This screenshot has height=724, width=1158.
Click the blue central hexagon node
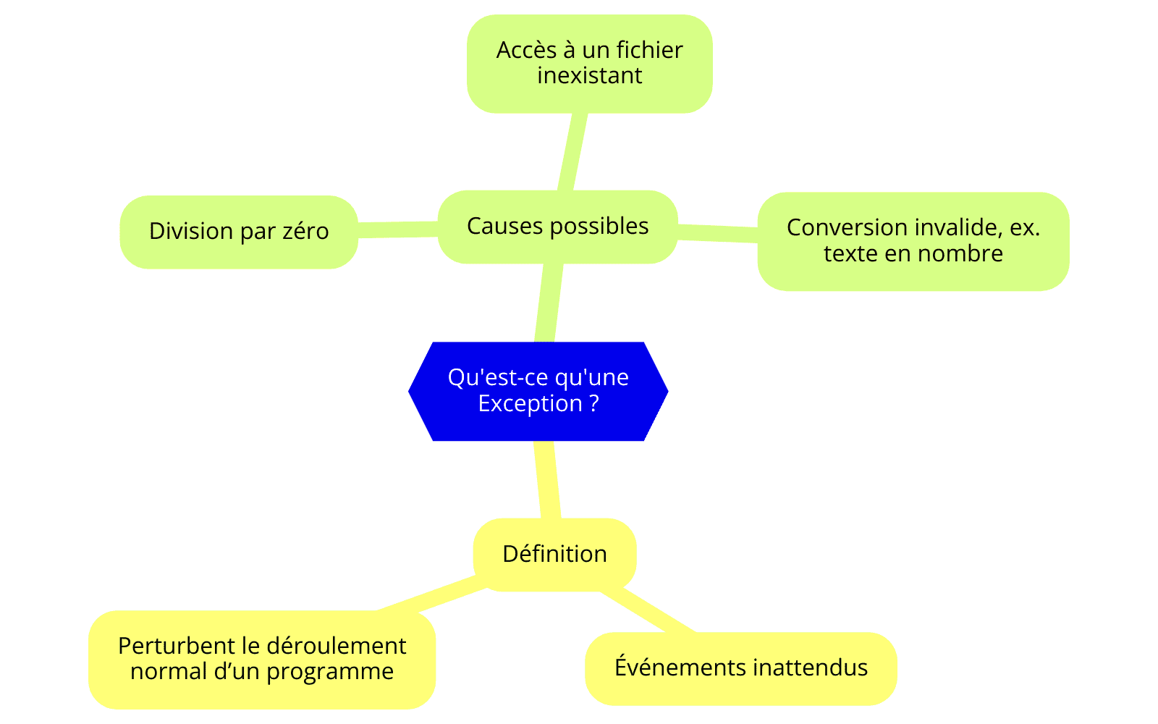pos(538,391)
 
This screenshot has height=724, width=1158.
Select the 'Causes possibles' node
pos(558,227)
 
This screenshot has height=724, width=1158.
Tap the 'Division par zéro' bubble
pos(239,232)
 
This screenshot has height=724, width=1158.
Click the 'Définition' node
pos(554,555)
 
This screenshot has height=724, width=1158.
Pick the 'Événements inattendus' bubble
pos(741,668)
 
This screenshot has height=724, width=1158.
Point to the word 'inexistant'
pos(589,76)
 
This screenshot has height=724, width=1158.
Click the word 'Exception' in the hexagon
pos(530,404)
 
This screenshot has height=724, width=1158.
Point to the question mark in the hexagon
pos(594,403)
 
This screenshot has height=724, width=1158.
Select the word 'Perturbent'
pos(177,647)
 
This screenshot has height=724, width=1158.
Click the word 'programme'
pos(330,673)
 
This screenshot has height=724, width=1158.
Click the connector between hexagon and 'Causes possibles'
pos(549,303)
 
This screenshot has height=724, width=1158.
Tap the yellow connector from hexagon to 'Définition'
pos(547,479)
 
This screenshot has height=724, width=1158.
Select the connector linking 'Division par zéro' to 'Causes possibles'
pos(397,230)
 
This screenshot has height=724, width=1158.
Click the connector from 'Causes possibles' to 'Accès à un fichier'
pos(572,151)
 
